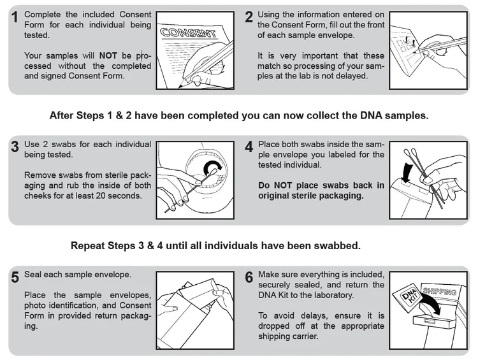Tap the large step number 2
tap(249, 17)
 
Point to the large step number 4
tap(249, 147)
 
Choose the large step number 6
tap(249, 277)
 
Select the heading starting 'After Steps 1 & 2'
tap(239, 116)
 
